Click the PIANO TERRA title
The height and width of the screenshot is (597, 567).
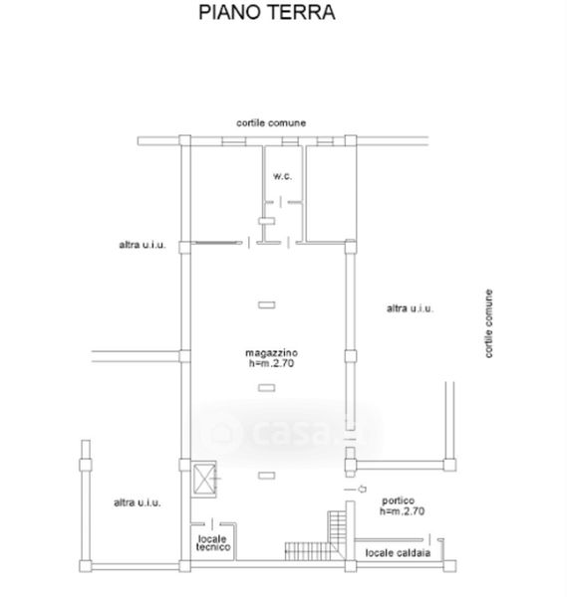click(x=266, y=13)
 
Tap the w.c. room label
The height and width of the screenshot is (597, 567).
click(x=282, y=176)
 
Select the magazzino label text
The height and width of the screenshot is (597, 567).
click(x=271, y=353)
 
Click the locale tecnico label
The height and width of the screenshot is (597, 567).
click(x=213, y=543)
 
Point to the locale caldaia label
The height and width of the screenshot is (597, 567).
click(x=398, y=553)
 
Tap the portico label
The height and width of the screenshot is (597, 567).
click(x=398, y=501)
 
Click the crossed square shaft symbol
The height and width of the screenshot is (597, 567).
click(x=204, y=479)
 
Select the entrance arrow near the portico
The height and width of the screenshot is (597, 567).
click(x=362, y=489)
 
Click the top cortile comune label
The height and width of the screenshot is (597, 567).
click(x=271, y=123)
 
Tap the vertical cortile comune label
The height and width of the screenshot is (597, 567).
click(x=488, y=323)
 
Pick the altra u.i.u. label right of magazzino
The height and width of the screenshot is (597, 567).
click(x=410, y=308)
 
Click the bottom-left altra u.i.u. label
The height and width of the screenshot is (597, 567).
click(x=138, y=502)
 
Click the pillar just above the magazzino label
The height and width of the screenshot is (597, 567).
click(x=266, y=305)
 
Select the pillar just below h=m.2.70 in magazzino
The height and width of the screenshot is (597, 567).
click(x=266, y=388)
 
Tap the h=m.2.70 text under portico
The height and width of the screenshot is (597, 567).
click(x=402, y=511)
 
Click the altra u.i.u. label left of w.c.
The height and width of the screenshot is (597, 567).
click(x=142, y=245)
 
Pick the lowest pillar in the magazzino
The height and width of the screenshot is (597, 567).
click(x=266, y=476)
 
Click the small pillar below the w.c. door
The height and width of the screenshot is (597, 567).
click(x=266, y=221)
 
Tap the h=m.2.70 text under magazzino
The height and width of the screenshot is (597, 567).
click(x=271, y=363)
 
